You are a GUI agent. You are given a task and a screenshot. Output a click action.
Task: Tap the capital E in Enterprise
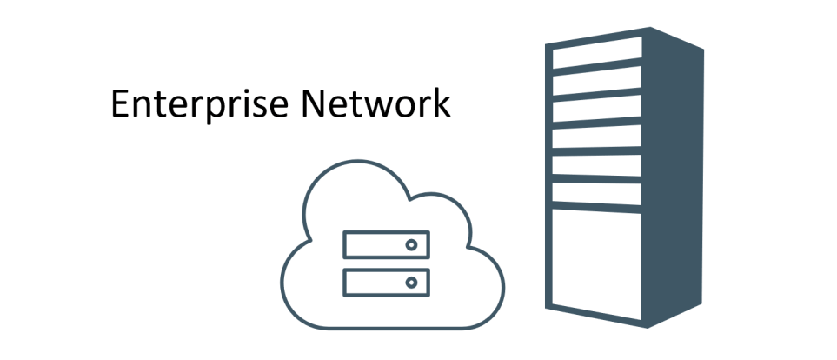pos(120,104)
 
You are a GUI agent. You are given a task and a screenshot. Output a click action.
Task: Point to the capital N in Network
pos(313,104)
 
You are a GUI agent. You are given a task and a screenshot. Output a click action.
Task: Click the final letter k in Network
pos(442,103)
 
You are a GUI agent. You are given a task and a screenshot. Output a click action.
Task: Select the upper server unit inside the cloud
pos(386,244)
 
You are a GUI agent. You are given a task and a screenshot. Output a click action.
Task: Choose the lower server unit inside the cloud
pos(386,282)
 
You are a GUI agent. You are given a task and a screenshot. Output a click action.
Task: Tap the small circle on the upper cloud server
pos(411,244)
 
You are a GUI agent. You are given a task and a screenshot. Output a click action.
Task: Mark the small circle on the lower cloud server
pos(411,282)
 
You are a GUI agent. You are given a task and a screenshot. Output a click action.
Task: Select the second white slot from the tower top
pos(598,85)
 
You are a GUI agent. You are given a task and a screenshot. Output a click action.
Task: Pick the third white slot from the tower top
pos(598,111)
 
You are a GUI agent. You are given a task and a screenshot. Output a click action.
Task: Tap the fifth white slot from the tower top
pos(598,164)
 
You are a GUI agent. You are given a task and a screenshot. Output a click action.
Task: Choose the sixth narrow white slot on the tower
pos(598,191)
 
